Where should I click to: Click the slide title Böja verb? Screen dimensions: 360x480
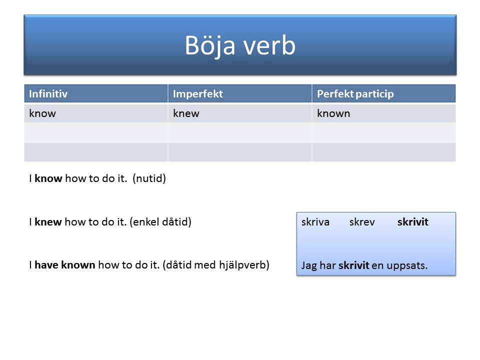point(240,45)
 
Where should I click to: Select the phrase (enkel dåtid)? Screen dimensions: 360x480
point(160,222)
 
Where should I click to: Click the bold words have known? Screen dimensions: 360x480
point(65,265)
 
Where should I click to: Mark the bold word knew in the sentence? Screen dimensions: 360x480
point(48,222)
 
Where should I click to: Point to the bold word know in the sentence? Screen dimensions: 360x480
point(48,178)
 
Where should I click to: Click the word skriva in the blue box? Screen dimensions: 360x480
point(315,222)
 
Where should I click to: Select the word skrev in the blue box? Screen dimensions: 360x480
point(362,222)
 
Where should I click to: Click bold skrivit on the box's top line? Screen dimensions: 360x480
point(412,222)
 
